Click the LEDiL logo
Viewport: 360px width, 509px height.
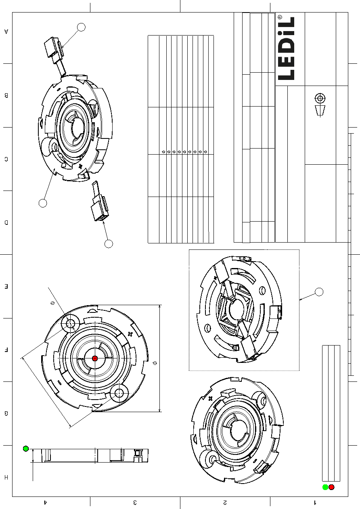point(286,48)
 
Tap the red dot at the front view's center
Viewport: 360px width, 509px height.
point(95,358)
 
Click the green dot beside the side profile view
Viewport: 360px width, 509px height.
point(26,448)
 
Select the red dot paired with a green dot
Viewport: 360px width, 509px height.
point(331,487)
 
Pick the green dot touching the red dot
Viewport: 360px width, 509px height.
point(325,487)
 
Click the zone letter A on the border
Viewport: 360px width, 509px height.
point(6,31)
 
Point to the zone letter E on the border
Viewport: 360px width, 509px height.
point(6,286)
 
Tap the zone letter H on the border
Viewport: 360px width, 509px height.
point(6,477)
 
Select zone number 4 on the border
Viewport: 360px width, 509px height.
point(45,502)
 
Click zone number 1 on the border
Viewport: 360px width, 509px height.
point(315,502)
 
